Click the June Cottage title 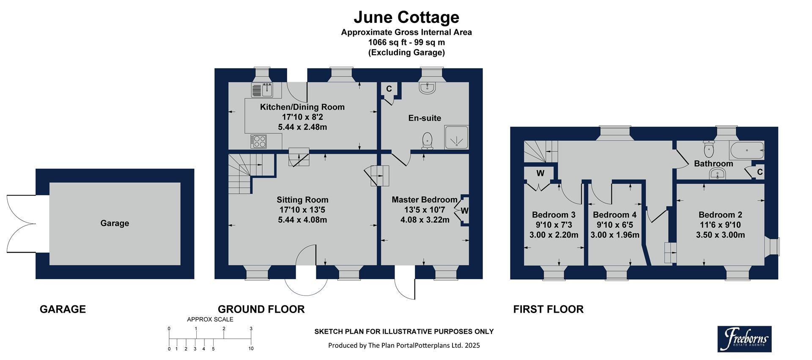coord(406,17)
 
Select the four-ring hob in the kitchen coord(258,141)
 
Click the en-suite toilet coord(428,140)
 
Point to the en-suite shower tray coord(456,137)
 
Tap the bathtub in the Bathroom coord(746,150)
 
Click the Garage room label coord(115,223)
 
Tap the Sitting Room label coord(302,200)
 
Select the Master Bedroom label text coord(424,200)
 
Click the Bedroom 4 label coord(614,215)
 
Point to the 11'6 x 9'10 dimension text coord(720,225)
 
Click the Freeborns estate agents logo coord(744,339)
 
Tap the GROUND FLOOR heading coord(261,309)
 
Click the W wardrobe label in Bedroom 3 coord(540,173)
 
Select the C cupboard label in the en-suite coord(389,89)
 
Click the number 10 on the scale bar coord(251,349)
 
